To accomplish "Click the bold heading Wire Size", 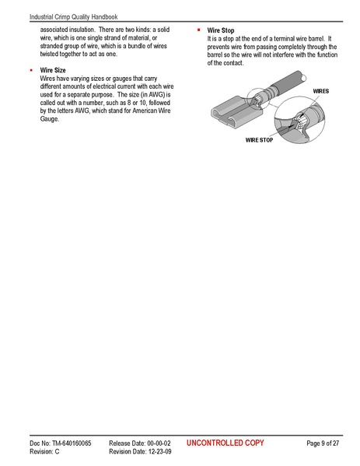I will click(x=55, y=70).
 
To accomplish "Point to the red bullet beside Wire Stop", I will click(x=199, y=30).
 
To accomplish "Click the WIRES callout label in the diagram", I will click(x=320, y=91).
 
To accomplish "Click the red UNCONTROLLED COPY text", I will click(x=225, y=443).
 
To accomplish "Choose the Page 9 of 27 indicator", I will click(x=323, y=443).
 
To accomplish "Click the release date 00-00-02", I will click(x=156, y=443).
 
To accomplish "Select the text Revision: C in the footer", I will click(x=44, y=451).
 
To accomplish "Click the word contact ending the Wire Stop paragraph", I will click(x=232, y=63).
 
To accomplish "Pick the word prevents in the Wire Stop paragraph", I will click(x=221, y=47).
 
